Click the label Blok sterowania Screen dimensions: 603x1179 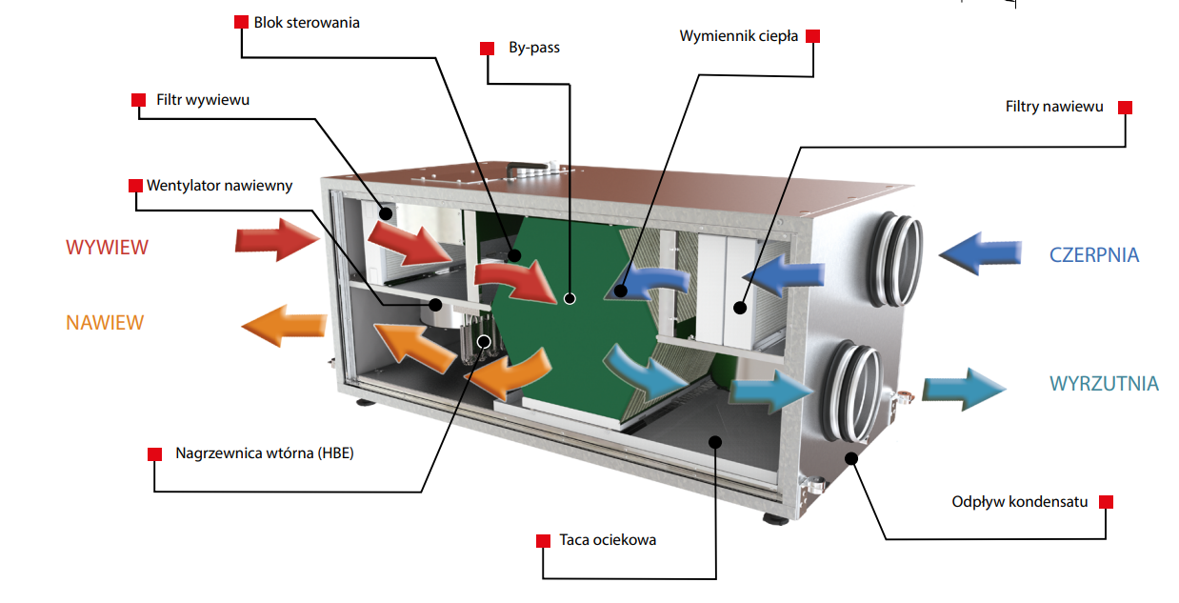[x=307, y=22]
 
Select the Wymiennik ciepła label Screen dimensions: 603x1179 [x=738, y=36]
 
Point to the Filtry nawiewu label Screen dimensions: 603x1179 [x=1054, y=107]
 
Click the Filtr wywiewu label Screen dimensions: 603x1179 [x=203, y=99]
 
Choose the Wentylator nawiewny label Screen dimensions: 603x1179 [x=219, y=185]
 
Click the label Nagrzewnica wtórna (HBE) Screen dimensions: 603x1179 [x=265, y=452]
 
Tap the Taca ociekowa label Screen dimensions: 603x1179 [x=608, y=540]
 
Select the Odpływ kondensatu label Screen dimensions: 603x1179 [x=1019, y=501]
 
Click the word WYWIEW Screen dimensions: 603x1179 [x=107, y=248]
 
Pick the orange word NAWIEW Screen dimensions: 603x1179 [x=105, y=322]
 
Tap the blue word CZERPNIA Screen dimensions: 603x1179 [x=1094, y=255]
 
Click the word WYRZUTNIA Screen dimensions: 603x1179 [x=1104, y=384]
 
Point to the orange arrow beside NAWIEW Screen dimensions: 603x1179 [x=286, y=325]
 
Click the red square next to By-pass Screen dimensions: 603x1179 [x=488, y=48]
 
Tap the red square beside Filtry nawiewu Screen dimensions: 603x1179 [x=1125, y=108]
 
